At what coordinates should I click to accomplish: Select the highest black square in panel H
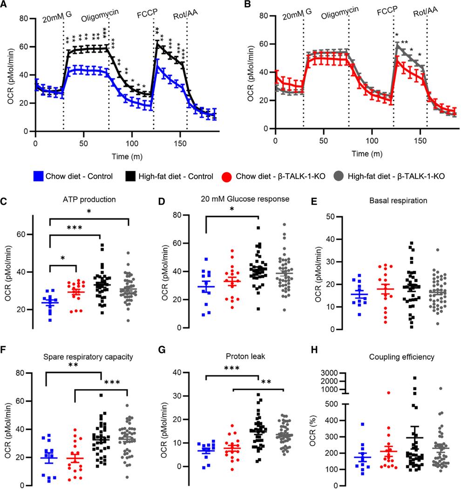point(388,378)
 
